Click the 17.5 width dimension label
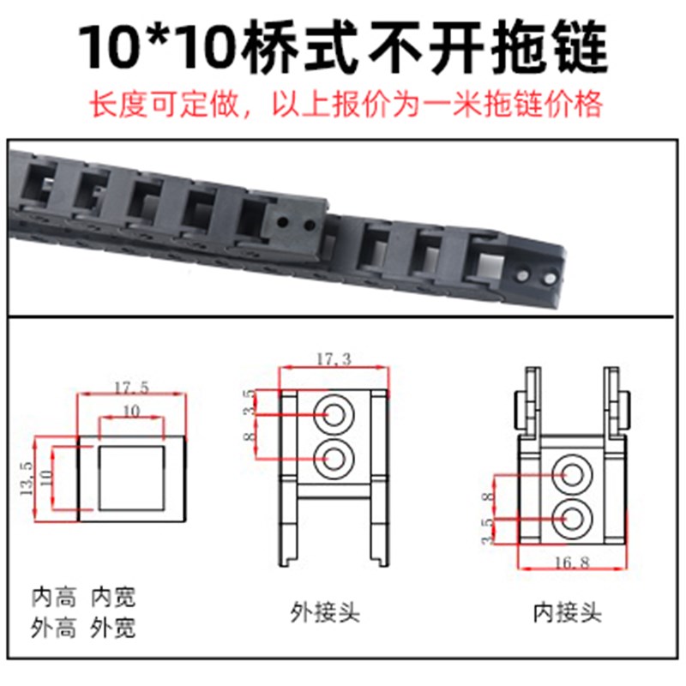(x=130, y=388)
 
